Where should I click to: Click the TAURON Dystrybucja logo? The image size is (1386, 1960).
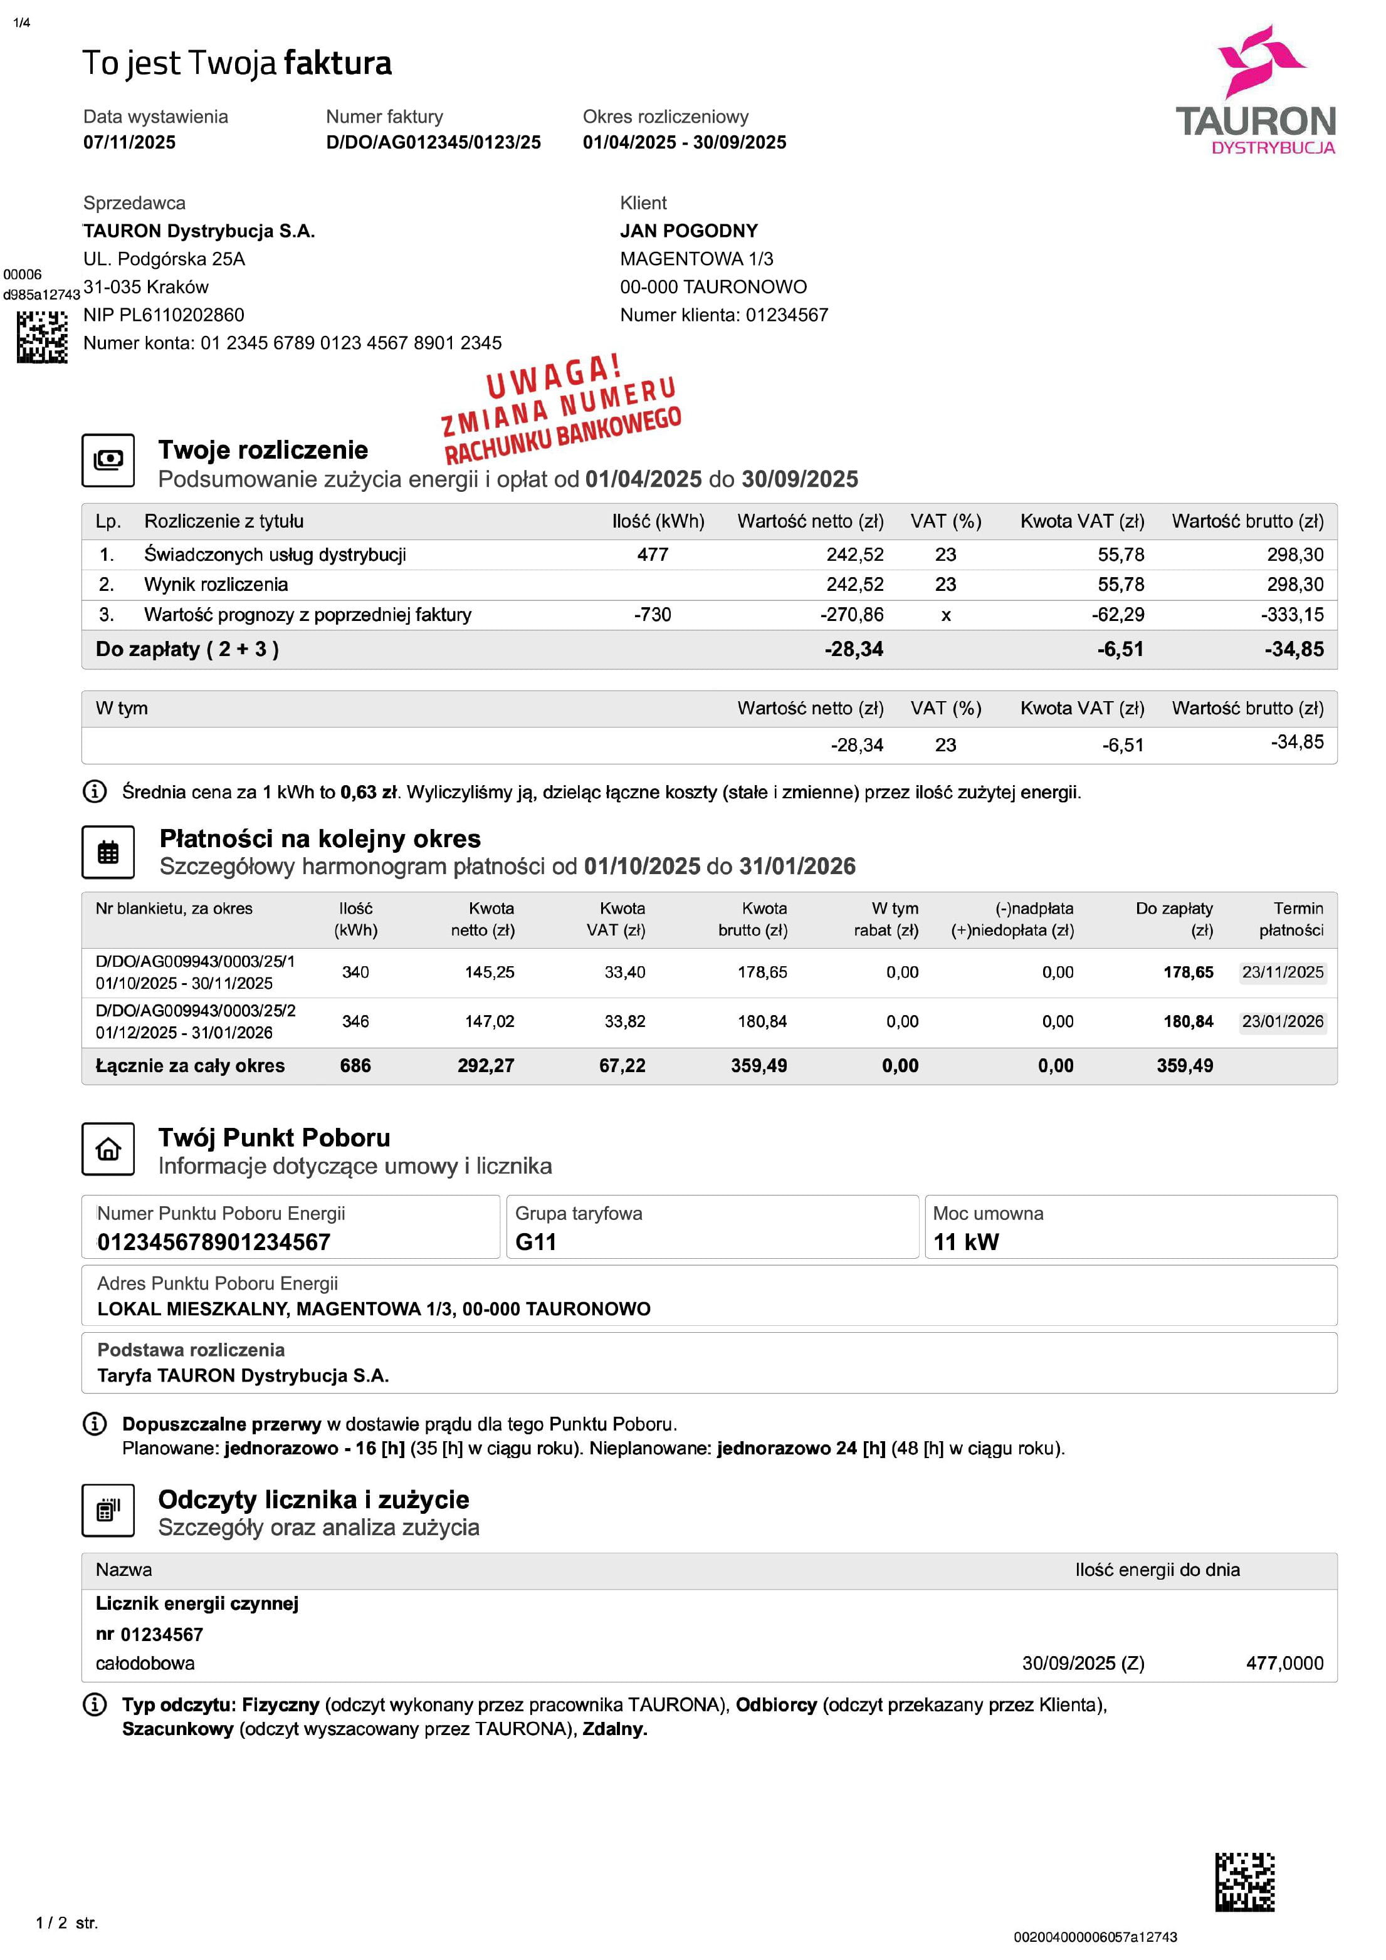[1256, 90]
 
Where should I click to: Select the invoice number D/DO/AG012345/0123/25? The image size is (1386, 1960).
[433, 143]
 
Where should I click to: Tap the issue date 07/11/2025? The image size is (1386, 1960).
[129, 143]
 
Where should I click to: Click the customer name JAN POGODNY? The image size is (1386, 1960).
[688, 231]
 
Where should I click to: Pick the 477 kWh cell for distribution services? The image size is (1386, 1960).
[653, 555]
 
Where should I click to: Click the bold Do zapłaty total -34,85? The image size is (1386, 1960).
[1294, 650]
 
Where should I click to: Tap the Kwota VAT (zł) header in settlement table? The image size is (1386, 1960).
[1082, 521]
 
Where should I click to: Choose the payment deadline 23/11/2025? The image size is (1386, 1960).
[1282, 972]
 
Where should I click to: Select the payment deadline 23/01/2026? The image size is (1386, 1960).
[1282, 1022]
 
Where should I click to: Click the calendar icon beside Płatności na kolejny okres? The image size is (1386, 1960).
[108, 852]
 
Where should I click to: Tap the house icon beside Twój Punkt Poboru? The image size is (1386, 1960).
[108, 1149]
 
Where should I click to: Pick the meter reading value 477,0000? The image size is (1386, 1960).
[1284, 1663]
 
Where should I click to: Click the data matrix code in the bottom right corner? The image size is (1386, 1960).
[1244, 1882]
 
